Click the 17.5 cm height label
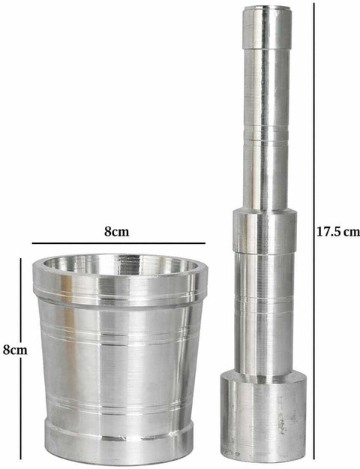338,233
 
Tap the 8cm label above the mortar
116,232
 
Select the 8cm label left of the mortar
15,350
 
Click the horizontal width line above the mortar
118,243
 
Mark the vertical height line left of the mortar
21,359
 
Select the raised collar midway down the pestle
265,231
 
